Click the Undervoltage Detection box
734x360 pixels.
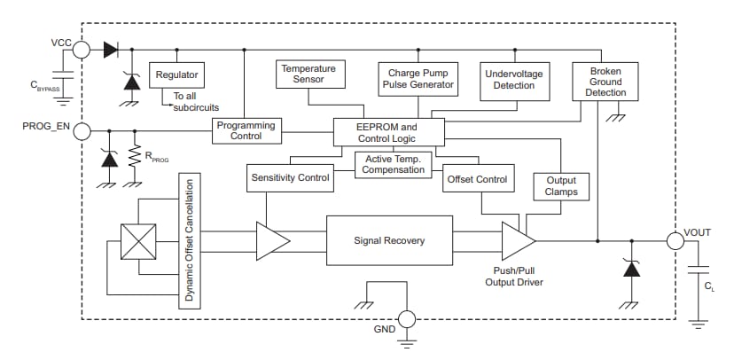tap(513, 78)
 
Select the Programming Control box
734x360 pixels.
tap(246, 130)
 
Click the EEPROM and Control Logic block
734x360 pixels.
tap(387, 132)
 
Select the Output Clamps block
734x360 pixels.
tap(561, 185)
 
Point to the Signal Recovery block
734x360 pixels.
tap(389, 240)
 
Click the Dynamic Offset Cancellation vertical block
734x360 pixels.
tap(189, 240)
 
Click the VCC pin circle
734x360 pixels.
tap(81, 50)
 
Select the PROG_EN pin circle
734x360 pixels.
tap(81, 131)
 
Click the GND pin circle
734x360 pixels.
tap(407, 319)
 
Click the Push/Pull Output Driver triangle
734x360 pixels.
tap(516, 240)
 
